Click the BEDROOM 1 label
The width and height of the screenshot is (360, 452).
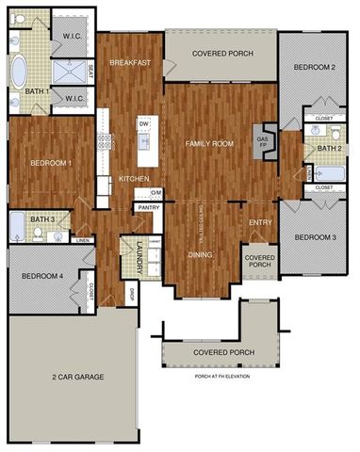[x=46, y=163]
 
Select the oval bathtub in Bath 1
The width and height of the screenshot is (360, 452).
[x=19, y=72]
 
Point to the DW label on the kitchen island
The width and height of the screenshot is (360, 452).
[x=144, y=123]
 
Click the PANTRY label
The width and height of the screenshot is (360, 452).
[x=147, y=206]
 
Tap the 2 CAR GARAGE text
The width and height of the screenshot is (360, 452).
[x=78, y=377]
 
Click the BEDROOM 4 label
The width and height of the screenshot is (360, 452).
[x=41, y=276]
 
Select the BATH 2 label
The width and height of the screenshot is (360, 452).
[x=328, y=149]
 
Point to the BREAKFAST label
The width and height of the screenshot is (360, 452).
[x=130, y=62]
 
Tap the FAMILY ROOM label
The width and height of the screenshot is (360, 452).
[x=209, y=143]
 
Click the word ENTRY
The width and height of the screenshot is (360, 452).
[x=259, y=222]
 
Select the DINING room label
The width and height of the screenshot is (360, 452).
[x=199, y=254]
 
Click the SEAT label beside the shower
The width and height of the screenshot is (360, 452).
[x=90, y=70]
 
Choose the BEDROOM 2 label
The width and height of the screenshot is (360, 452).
[x=314, y=68]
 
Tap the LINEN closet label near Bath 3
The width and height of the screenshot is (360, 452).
[x=82, y=240]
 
